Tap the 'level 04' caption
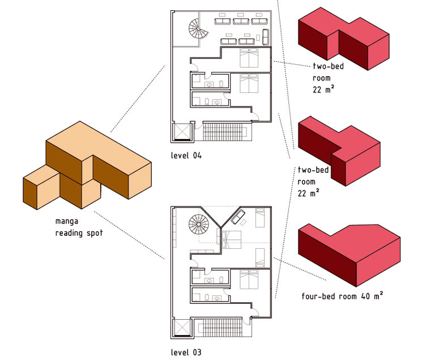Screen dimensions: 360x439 click(186, 155)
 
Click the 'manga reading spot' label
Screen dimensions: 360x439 click(79, 227)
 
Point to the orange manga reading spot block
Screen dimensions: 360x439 click(85, 167)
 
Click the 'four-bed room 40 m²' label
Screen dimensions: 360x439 click(342, 296)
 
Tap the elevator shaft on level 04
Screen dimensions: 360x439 click(182, 132)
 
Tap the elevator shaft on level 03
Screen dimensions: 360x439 click(182, 329)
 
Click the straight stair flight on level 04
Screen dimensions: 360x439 click(225, 132)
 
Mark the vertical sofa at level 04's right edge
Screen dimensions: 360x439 click(266, 37)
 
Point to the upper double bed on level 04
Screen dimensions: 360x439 click(249, 58)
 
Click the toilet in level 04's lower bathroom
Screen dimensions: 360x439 click(208, 103)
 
